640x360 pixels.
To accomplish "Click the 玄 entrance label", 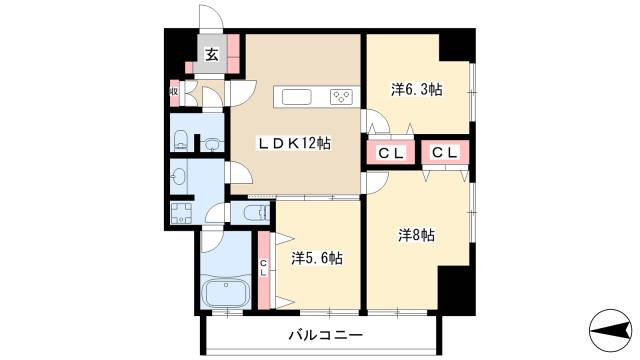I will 212,56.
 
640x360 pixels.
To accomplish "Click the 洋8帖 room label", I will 416,236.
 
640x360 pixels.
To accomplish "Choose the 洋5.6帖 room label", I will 317,258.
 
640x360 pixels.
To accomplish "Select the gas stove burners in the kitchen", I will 340,98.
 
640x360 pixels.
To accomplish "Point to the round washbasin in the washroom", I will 179,177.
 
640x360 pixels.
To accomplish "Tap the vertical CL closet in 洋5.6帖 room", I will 264,268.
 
